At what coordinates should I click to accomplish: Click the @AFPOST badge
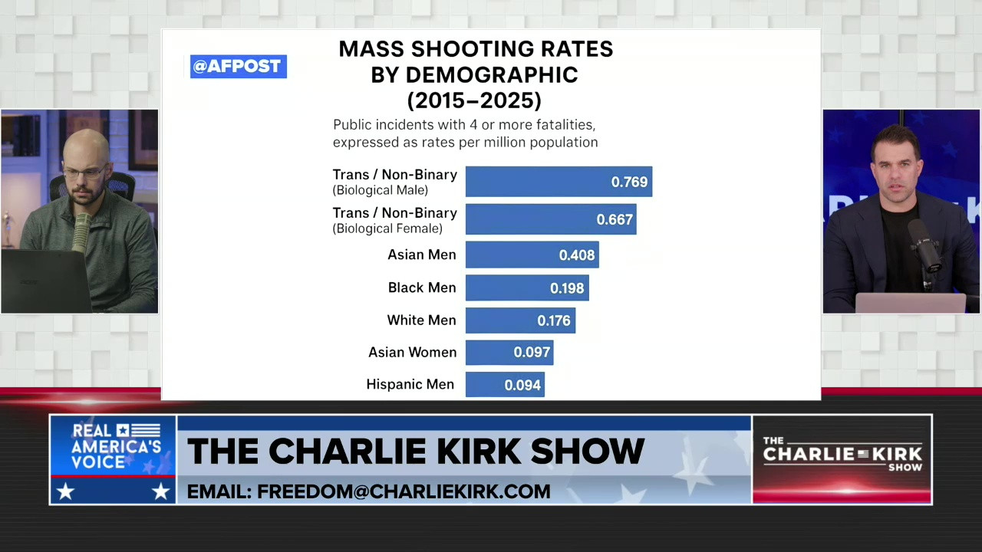[x=238, y=67]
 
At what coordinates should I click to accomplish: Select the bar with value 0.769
[x=559, y=182]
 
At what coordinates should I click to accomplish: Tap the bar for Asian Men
[x=532, y=255]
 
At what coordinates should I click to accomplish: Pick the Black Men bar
[x=527, y=288]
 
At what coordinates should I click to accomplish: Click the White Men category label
[x=421, y=320]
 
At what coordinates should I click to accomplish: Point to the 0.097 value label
[x=532, y=353]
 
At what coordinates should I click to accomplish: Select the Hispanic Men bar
[x=505, y=385]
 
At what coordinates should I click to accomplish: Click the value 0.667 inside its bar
[x=615, y=220]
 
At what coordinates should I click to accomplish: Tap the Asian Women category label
[x=412, y=353]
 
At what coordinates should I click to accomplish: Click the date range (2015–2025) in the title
[x=474, y=100]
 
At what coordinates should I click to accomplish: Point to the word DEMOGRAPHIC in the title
[x=491, y=75]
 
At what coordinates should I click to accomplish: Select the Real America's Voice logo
[x=113, y=458]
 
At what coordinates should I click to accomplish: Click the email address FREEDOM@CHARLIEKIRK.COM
[x=368, y=491]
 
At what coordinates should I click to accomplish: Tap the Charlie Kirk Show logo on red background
[x=842, y=458]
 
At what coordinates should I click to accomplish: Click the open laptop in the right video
[x=910, y=303]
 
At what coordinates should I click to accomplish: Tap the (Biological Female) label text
[x=387, y=228]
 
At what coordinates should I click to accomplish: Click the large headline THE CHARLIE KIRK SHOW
[x=415, y=452]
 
